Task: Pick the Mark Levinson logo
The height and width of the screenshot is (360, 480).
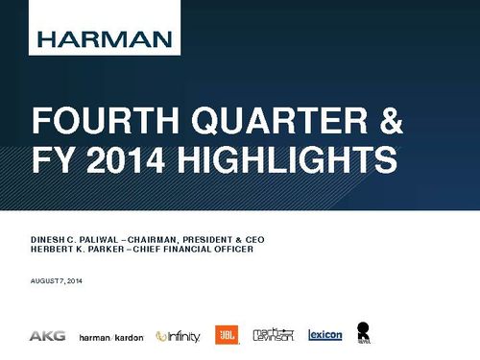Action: coord(272,335)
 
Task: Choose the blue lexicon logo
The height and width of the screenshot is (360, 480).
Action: coord(324,336)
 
